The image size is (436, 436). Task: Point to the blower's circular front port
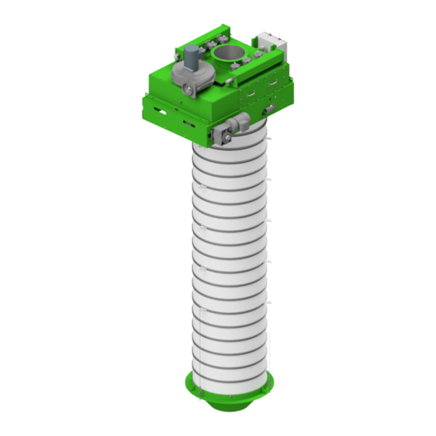click(x=188, y=91)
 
